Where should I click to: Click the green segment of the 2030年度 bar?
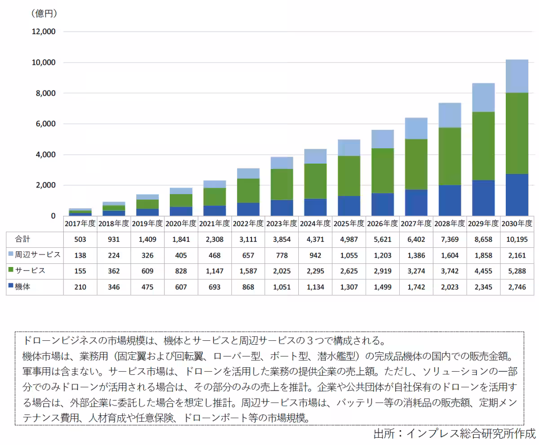coord(517,133)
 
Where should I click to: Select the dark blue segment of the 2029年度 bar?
coord(483,198)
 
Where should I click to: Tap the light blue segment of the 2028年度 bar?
coord(449,115)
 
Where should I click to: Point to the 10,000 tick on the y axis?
coord(43,62)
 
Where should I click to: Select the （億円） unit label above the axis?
coord(44,13)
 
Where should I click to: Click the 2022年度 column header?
coord(248,223)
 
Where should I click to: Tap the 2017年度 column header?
coord(80,223)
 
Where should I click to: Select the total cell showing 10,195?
coord(517,239)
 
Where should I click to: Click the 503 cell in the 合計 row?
coord(80,239)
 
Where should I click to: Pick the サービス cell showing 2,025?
coord(282,271)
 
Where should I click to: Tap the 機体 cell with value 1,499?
coord(382,287)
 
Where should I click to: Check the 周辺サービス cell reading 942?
coord(315,255)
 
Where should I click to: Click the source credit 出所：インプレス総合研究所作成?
coord(455,433)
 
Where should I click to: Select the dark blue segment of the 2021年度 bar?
coord(215,210)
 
